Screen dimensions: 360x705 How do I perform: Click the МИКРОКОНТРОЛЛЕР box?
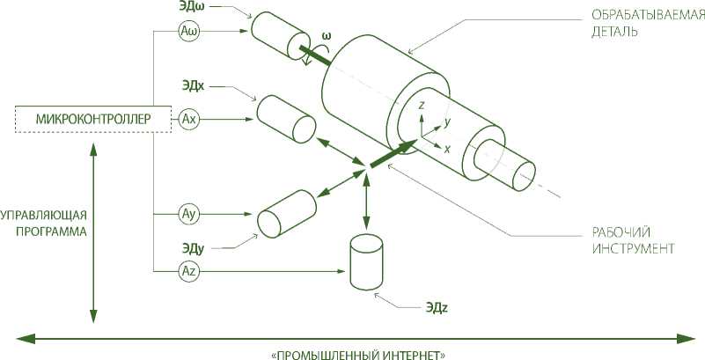coord(93,119)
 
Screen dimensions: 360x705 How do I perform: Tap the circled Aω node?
coord(189,33)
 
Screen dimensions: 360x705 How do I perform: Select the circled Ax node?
coord(189,119)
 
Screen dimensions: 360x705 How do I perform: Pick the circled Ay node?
coord(189,214)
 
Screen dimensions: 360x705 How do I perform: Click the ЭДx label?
coord(194,86)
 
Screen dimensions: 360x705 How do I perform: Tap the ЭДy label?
coord(194,248)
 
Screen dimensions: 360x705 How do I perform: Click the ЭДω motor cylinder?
coord(275,36)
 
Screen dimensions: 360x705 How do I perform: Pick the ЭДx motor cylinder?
coord(286,118)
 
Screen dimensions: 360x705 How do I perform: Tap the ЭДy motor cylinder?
coord(287,213)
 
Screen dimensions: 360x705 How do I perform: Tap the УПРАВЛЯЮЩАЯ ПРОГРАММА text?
coord(44,224)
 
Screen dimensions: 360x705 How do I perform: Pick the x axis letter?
coord(447,150)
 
